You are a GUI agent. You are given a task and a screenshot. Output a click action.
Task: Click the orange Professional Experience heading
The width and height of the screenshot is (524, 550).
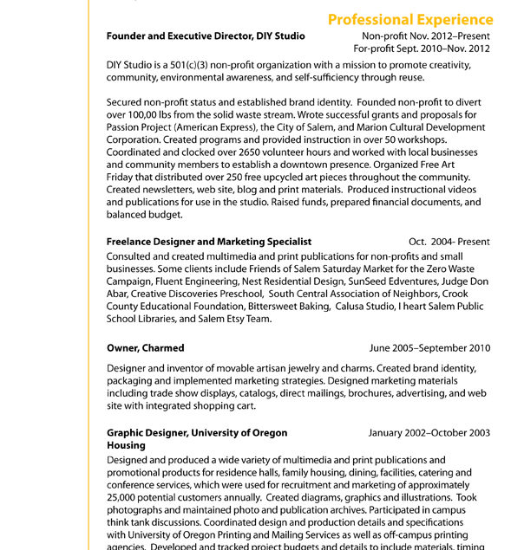tap(410, 19)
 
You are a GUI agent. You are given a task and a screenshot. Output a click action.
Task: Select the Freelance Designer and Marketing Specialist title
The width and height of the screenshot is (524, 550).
tap(209, 242)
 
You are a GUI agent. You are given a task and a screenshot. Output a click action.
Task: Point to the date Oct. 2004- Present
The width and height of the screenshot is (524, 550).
tap(449, 242)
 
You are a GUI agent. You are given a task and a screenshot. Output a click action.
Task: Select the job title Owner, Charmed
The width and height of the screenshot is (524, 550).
tap(145, 348)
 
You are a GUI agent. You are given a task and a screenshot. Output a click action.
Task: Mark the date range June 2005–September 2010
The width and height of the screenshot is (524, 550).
tap(429, 348)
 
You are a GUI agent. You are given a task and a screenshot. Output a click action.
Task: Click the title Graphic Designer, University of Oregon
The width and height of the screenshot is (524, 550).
tap(197, 432)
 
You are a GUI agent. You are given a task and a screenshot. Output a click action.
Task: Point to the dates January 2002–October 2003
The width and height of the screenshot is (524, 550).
tap(429, 432)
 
